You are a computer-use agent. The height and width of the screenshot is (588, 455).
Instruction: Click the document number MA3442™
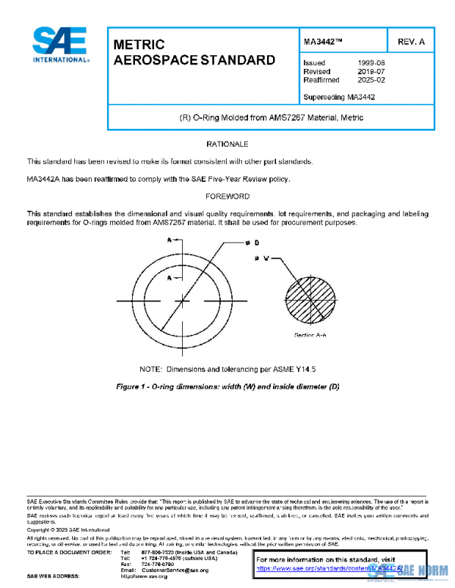coord(324,41)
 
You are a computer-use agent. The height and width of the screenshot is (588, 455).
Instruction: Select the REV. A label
coord(409,41)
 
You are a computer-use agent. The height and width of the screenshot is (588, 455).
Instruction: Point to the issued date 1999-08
coord(370,63)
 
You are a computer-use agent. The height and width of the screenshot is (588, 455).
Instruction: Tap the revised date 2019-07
coord(370,71)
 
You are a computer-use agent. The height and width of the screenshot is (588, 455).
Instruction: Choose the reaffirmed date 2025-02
coord(370,80)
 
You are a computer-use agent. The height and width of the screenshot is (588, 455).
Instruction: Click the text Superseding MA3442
coord(339,97)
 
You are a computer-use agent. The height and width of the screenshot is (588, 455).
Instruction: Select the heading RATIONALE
coord(227,143)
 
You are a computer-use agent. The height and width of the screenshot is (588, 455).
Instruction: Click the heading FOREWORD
coord(227,196)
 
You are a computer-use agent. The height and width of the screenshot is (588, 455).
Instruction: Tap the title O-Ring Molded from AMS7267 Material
coord(270,118)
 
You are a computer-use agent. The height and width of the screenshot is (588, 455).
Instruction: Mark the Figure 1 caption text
coord(227,386)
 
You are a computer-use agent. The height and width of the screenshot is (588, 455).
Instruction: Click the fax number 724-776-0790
coord(157,563)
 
